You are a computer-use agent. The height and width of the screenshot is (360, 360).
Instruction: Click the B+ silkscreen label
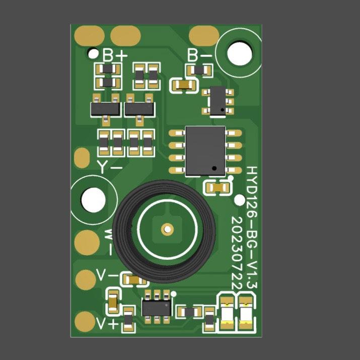[x=115, y=55]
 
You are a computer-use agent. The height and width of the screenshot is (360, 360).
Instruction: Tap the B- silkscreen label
[x=199, y=55]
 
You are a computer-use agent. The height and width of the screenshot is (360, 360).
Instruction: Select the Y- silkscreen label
[x=110, y=167]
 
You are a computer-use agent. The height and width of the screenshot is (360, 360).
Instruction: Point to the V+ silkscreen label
[x=107, y=324]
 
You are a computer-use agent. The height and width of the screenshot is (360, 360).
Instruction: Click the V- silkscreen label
[x=107, y=275]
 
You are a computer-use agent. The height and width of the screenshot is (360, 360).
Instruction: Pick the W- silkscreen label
[x=109, y=242]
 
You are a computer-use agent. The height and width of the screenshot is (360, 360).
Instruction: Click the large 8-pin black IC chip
[x=205, y=151]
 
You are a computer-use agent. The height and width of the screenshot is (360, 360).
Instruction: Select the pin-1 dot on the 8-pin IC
[x=214, y=168]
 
